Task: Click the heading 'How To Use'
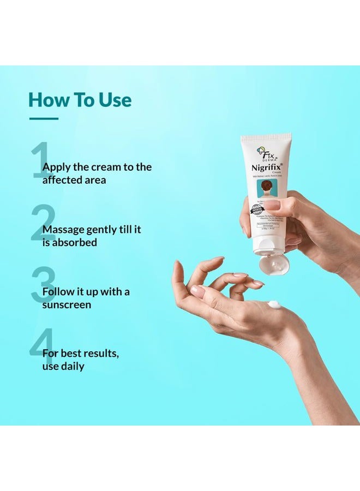coord(80,100)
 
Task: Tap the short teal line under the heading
coord(43,118)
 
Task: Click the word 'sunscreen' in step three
coord(67,304)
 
